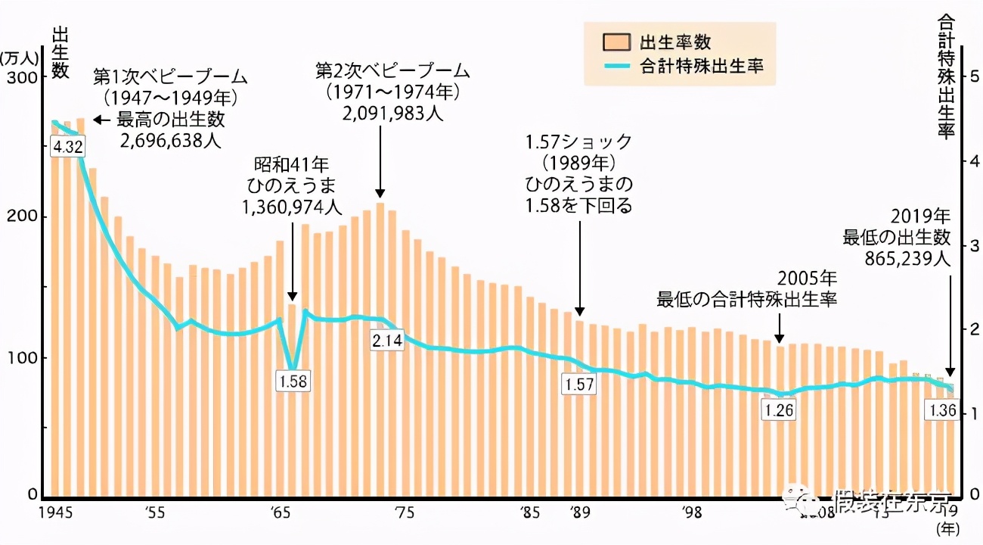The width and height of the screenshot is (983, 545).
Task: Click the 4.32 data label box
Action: [67, 147]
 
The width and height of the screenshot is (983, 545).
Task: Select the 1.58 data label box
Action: [293, 381]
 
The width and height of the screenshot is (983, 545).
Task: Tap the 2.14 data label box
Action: [387, 341]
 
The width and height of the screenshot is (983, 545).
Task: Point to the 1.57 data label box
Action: [579, 384]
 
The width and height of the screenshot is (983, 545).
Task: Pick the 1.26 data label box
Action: [780, 410]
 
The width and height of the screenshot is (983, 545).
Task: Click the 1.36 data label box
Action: [942, 411]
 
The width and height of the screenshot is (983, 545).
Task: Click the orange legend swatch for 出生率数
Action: [617, 42]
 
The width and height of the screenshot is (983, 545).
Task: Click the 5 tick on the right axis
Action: [974, 77]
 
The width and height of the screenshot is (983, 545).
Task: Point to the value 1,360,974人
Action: [292, 207]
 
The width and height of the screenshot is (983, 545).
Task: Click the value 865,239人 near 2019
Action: [907, 258]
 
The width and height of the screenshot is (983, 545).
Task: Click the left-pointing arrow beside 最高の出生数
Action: [101, 120]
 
